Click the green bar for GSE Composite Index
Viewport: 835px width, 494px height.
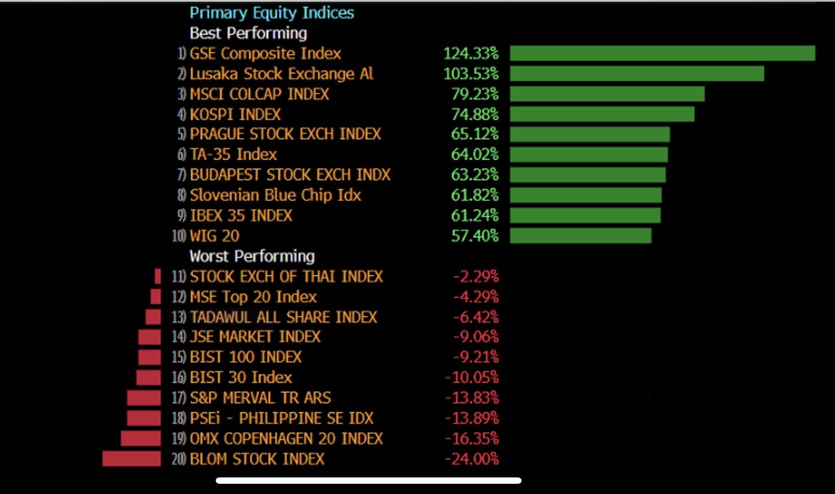pos(662,53)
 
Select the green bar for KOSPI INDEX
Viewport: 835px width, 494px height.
pos(602,114)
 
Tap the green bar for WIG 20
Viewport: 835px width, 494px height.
pos(581,236)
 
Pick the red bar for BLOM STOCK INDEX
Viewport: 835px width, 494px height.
pos(132,459)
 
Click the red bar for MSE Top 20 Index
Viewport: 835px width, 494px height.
pos(156,296)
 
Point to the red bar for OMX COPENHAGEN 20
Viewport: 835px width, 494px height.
pos(141,438)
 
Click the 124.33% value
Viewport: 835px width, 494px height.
pos(471,53)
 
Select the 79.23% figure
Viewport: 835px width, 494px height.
pos(474,94)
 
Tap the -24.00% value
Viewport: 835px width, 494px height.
pos(471,459)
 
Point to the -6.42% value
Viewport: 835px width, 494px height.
pos(476,317)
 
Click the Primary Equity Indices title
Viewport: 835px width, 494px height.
pos(271,13)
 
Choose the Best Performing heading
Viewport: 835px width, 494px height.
pos(248,33)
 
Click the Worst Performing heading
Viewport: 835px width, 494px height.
pos(252,256)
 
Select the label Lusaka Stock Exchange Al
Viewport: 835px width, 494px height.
pos(281,74)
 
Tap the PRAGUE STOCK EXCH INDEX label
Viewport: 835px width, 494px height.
pos(285,134)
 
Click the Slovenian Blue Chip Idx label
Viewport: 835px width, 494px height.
pos(275,195)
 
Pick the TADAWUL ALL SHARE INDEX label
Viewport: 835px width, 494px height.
pos(283,317)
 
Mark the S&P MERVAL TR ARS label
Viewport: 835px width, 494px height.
pos(260,397)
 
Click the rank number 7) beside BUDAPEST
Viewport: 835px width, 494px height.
pos(181,175)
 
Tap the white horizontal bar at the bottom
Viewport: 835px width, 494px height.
pos(368,480)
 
